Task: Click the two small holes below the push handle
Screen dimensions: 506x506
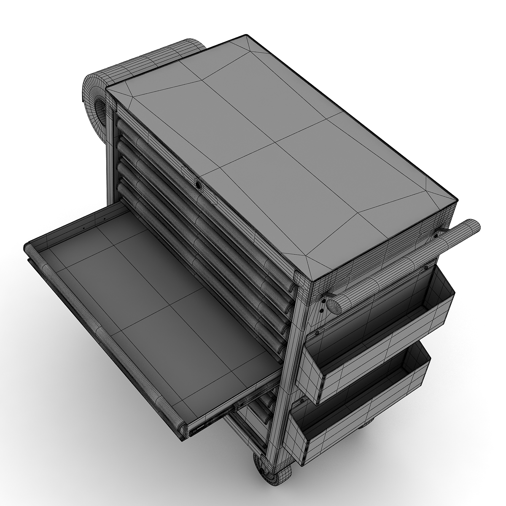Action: tap(321, 307)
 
